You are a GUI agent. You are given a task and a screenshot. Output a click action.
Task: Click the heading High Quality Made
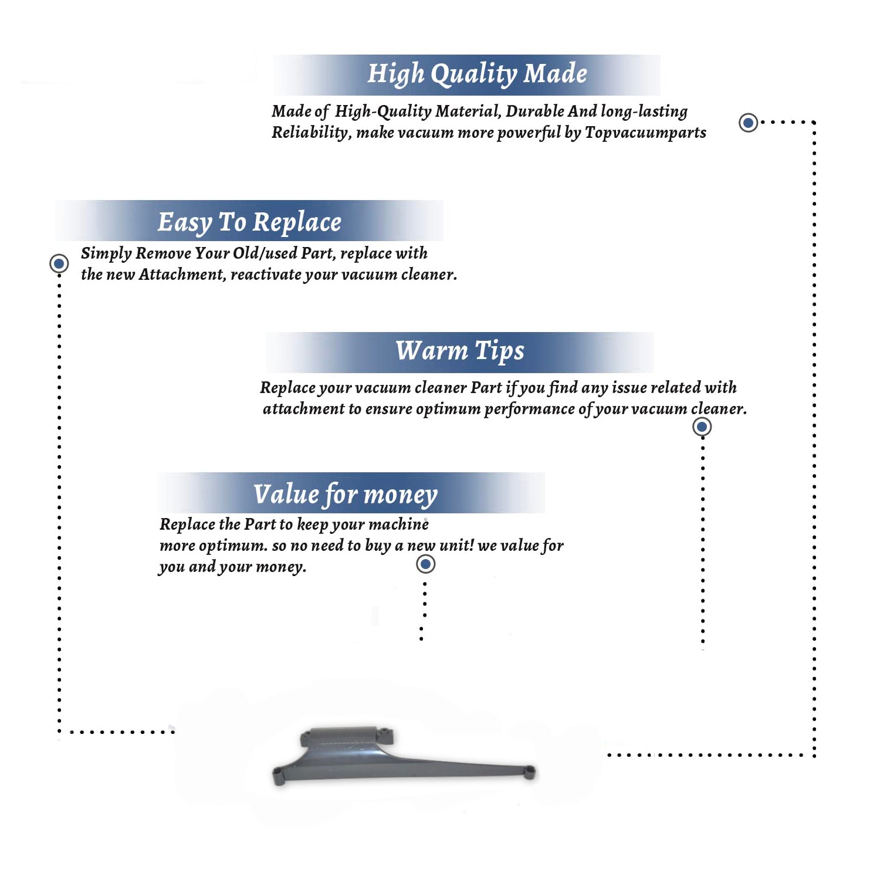[477, 75]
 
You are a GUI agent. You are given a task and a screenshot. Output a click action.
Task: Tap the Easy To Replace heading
[249, 222]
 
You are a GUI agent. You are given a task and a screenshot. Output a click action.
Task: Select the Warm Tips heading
[460, 351]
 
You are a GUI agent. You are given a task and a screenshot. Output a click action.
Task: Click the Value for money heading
[346, 495]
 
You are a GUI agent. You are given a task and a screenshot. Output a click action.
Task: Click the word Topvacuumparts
[645, 133]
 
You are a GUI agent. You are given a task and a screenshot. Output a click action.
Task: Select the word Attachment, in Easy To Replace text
[182, 275]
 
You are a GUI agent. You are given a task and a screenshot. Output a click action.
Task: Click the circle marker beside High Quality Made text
[748, 123]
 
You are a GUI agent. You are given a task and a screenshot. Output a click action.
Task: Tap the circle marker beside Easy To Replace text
[59, 263]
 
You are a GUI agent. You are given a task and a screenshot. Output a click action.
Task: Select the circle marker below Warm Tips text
[702, 427]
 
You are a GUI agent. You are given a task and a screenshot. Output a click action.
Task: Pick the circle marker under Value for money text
[425, 564]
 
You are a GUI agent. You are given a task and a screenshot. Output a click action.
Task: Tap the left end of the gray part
[279, 777]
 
